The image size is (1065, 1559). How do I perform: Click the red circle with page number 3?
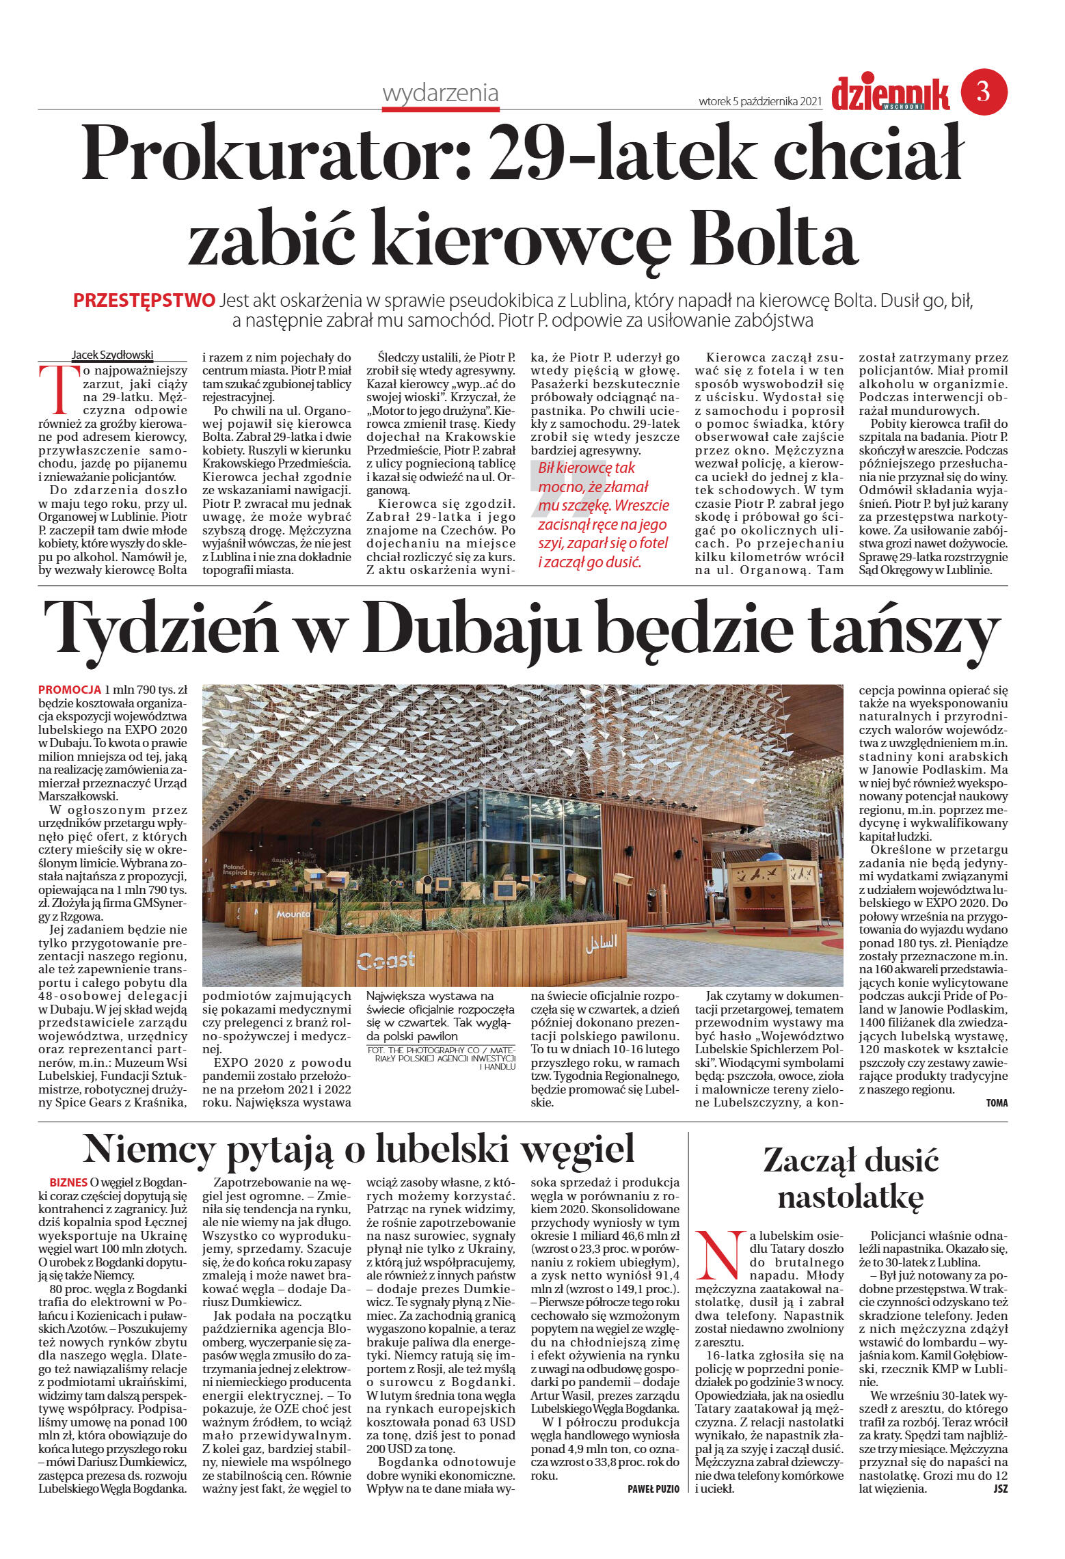pyautogui.click(x=984, y=92)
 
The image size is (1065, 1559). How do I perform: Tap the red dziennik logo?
pyautogui.click(x=890, y=94)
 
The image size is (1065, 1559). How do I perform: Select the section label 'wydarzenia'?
pyautogui.click(x=440, y=93)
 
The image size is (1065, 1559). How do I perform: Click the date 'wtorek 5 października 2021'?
pyautogui.click(x=759, y=102)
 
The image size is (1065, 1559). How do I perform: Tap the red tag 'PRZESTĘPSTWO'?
pyautogui.click(x=144, y=300)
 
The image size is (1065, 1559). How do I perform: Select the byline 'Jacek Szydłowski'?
pyautogui.click(x=113, y=355)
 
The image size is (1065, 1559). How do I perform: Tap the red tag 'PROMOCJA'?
pyautogui.click(x=70, y=690)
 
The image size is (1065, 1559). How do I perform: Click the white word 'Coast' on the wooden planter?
pyautogui.click(x=386, y=960)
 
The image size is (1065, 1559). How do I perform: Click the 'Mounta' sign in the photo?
pyautogui.click(x=293, y=914)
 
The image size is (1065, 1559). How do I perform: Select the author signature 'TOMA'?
pyautogui.click(x=997, y=1102)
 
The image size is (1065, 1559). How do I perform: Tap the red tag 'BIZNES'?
pyautogui.click(x=68, y=1182)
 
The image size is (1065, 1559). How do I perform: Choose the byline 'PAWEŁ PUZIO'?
pyautogui.click(x=653, y=1489)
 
